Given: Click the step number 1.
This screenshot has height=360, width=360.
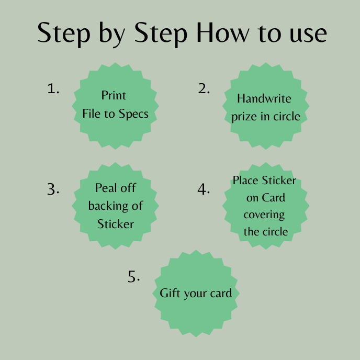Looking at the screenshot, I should [x=53, y=89].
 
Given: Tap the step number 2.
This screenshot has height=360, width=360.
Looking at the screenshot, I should [x=204, y=89].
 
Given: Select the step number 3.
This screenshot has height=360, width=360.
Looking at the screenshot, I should [x=53, y=189].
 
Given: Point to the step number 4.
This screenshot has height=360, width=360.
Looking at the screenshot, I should [x=204, y=189].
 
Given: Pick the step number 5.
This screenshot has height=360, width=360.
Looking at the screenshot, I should [x=134, y=277].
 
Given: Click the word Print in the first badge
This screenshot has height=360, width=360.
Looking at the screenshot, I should [x=114, y=96].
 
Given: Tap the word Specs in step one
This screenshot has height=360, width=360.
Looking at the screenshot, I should [x=133, y=114].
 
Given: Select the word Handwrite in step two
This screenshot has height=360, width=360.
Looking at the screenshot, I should [x=264, y=98].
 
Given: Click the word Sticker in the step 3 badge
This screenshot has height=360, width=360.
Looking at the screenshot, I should [x=116, y=224].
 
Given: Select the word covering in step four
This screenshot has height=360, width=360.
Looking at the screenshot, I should [x=264, y=215].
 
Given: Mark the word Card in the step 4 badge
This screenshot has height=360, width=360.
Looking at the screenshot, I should [x=272, y=198].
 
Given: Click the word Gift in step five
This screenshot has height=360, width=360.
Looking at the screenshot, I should [x=169, y=293].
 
